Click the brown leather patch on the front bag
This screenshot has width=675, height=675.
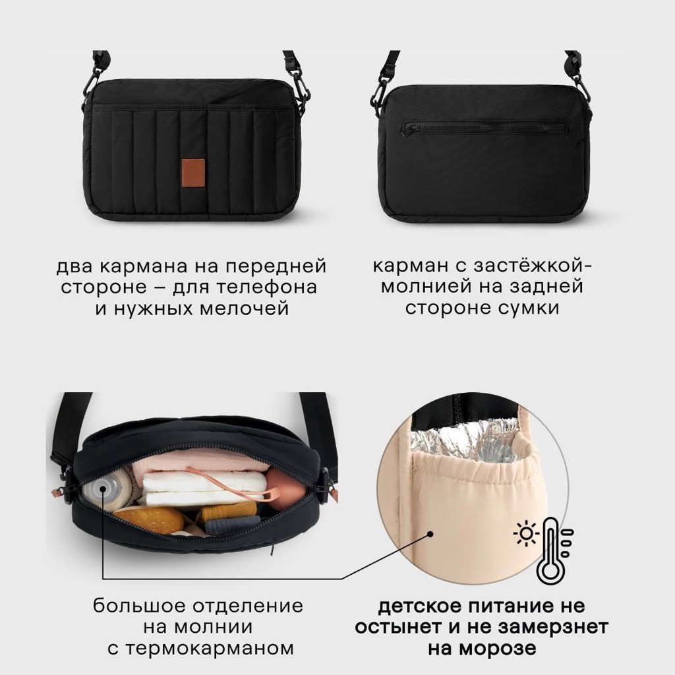point(192,173)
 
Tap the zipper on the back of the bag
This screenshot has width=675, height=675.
point(484,128)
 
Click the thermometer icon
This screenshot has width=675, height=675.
point(551,550)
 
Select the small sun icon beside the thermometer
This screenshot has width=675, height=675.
point(526,534)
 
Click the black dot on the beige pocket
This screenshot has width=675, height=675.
point(430,534)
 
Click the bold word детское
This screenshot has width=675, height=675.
point(419,606)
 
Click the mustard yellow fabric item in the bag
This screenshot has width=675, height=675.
point(227,512)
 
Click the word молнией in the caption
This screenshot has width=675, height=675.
point(426,287)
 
